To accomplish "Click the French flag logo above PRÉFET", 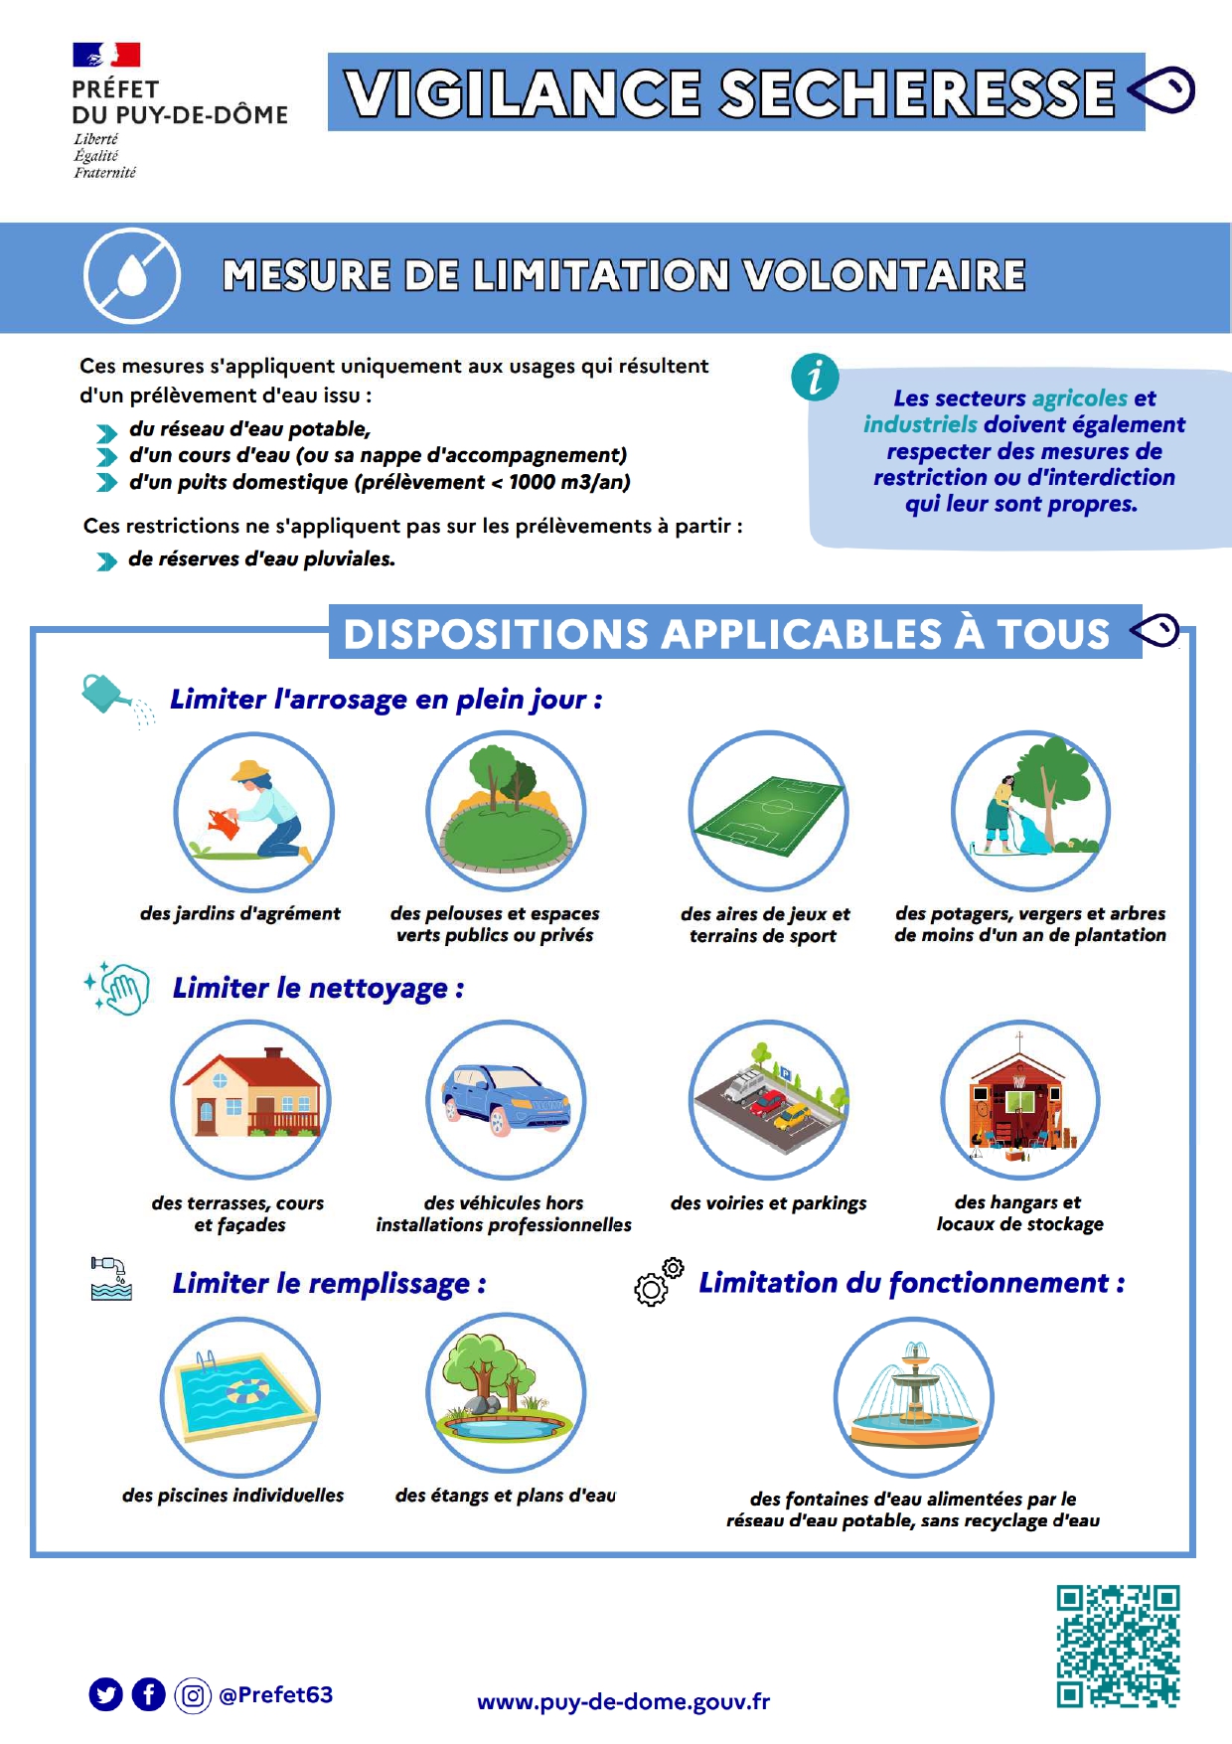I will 106,55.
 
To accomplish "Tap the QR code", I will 1118,1646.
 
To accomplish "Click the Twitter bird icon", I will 105,1694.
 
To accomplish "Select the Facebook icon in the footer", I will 149,1694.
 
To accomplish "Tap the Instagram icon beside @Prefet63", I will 193,1694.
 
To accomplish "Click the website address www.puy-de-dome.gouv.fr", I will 623,1701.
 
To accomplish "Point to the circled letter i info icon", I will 815,378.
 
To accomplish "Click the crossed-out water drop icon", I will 132,276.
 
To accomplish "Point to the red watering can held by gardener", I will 224,823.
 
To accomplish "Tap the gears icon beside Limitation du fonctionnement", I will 659,1282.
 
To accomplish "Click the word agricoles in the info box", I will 1080,398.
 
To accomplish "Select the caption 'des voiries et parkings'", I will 768,1203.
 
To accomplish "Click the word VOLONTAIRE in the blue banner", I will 884,276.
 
